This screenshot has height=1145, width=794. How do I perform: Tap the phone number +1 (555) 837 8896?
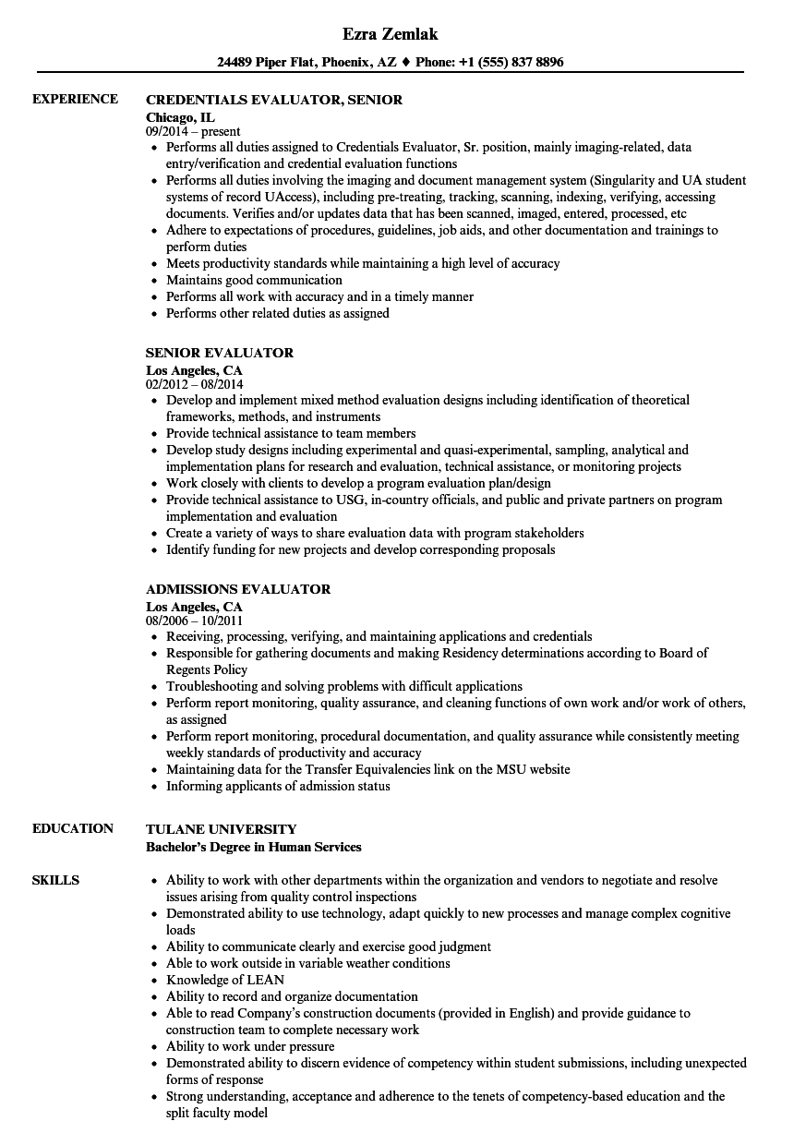click(511, 63)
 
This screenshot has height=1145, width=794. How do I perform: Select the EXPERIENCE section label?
click(75, 99)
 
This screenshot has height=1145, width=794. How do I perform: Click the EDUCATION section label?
click(73, 828)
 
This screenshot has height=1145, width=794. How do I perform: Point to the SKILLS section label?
click(56, 880)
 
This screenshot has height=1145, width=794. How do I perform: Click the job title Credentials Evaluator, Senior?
click(274, 100)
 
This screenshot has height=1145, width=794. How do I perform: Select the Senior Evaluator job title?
click(220, 353)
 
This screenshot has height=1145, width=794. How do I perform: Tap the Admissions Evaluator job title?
click(238, 589)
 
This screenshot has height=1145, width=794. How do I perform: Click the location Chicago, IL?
click(181, 116)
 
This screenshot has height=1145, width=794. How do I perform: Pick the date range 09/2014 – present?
click(193, 131)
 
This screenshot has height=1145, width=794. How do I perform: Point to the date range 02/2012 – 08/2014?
click(195, 383)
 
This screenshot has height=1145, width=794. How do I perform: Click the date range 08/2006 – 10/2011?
click(195, 620)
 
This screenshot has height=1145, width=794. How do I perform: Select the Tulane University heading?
click(222, 829)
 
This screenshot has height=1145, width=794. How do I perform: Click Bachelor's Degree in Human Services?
click(254, 847)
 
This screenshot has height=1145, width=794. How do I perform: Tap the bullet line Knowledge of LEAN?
click(225, 980)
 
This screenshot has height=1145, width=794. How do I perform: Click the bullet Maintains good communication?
click(254, 280)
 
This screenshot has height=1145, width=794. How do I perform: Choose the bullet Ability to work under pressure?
click(250, 1046)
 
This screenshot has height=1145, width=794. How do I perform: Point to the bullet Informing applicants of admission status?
click(278, 786)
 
